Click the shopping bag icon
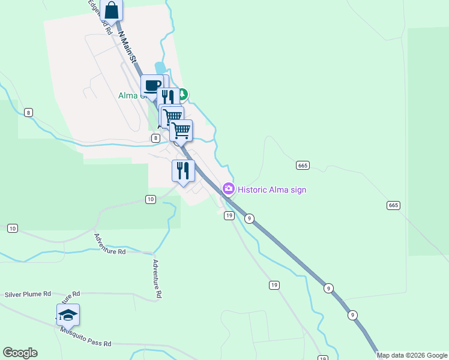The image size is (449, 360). [112, 10]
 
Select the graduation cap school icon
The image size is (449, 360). [68, 315]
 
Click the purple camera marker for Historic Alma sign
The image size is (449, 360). [228, 190]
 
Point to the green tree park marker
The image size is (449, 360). [182, 94]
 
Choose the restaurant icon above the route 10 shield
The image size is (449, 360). [183, 171]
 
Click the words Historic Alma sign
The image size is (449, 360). [272, 190]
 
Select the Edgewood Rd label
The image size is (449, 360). [100, 17]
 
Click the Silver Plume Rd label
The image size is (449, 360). [28, 295]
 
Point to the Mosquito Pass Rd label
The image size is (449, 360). [85, 337]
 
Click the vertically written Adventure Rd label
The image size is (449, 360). [157, 279]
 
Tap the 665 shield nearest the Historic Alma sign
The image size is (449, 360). [303, 165]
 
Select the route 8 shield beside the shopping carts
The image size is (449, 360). [156, 138]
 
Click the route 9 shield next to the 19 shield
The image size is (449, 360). [249, 218]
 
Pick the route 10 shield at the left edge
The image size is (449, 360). [12, 228]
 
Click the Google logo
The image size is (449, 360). [20, 353]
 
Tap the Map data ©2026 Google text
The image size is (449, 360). [412, 355]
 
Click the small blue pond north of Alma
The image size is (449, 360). [160, 68]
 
